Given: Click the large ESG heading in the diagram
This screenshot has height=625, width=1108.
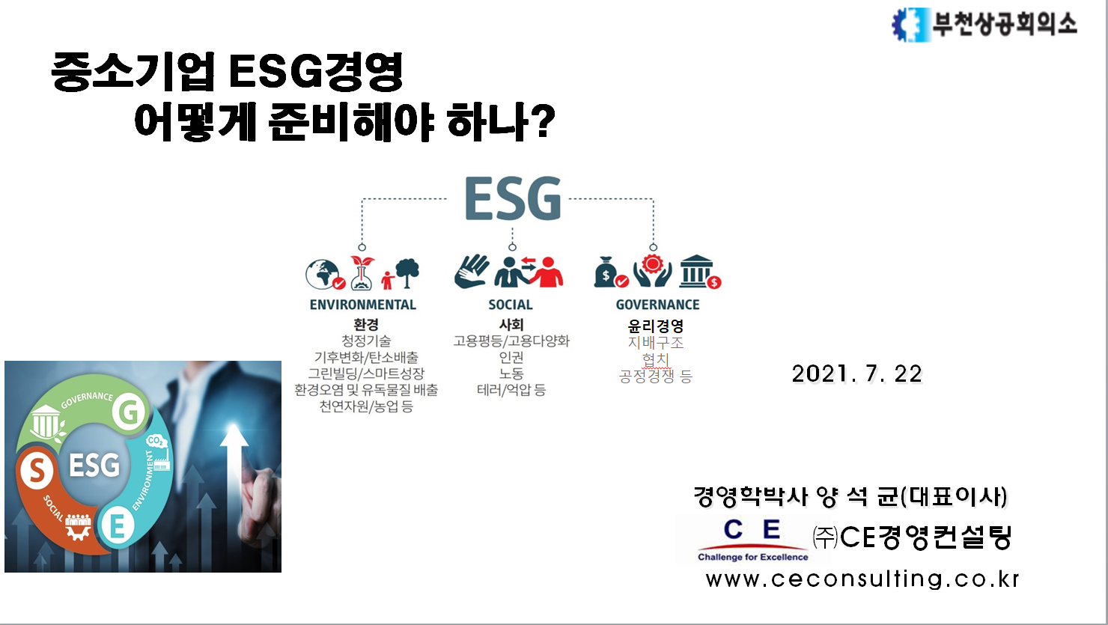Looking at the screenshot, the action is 513,199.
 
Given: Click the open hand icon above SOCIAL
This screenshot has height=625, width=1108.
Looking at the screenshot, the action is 472,271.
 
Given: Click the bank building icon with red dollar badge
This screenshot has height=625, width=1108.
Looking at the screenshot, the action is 699,272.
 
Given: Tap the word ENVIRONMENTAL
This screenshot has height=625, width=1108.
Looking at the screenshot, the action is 362,305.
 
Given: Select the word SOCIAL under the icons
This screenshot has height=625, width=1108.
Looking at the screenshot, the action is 511,305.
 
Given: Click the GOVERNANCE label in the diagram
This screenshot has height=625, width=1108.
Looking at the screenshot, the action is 657,305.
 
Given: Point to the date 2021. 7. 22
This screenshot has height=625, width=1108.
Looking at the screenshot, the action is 856,374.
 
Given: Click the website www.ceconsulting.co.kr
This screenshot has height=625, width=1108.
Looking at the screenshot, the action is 862,579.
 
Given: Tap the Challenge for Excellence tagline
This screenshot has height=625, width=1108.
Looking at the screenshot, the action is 752,557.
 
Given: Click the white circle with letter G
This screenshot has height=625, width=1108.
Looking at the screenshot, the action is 129,412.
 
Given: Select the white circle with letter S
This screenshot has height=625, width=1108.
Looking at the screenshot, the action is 37,470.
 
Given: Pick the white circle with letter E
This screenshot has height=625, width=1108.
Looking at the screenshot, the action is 117,525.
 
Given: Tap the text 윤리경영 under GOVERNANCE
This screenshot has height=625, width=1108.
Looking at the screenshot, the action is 655,326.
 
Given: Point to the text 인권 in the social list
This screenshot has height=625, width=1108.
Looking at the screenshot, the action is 511,358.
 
